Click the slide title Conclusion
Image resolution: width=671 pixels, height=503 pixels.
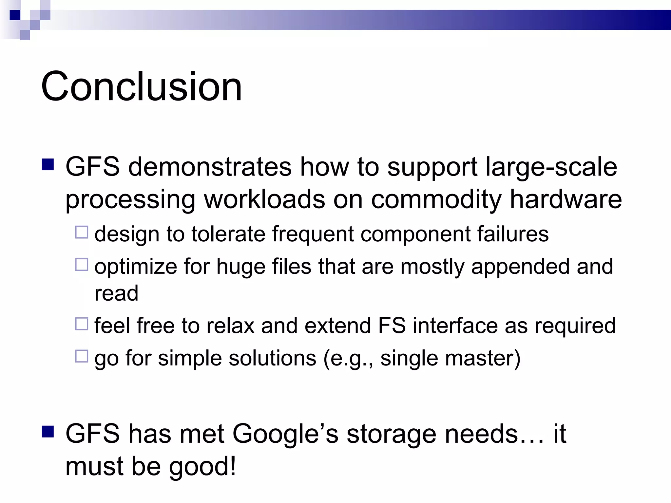(x=141, y=86)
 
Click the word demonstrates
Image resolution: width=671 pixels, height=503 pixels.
(x=209, y=167)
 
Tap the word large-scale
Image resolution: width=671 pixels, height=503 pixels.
(x=551, y=167)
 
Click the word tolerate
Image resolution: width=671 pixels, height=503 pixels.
(x=228, y=234)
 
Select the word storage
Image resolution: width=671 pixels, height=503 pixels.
(x=391, y=434)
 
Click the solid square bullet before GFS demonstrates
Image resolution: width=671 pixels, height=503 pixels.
(x=48, y=165)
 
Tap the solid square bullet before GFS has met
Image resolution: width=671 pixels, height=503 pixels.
(x=48, y=432)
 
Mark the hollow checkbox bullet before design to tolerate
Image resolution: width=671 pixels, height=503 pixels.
(x=82, y=232)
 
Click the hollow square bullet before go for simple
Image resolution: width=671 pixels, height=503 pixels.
(x=82, y=356)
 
